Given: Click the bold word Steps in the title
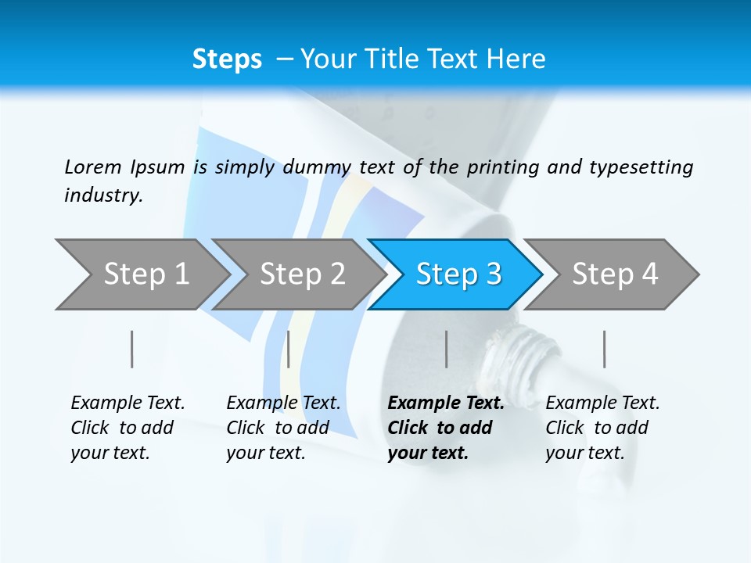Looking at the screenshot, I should click(227, 59).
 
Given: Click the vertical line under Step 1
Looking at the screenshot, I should click(132, 349).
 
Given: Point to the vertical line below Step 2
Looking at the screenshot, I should click(289, 349).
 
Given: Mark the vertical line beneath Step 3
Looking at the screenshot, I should click(447, 349).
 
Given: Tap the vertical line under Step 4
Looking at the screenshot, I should click(604, 349).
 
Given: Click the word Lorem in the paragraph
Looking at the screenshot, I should click(92, 167).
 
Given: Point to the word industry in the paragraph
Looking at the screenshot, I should click(103, 195).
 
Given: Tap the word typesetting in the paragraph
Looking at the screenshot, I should click(641, 167).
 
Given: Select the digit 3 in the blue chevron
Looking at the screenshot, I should click(494, 274).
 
